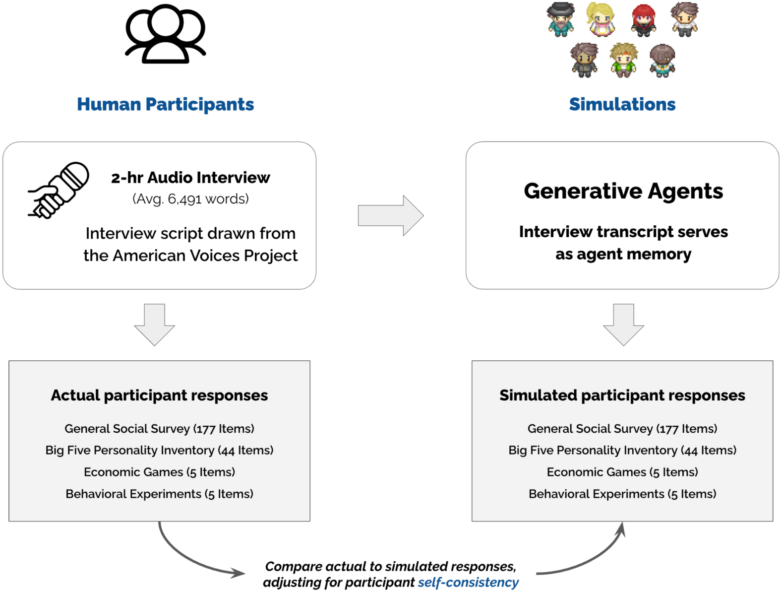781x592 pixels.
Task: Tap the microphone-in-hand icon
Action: (x=59, y=190)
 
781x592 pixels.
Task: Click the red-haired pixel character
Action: (x=643, y=20)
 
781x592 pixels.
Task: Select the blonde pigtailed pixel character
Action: (x=601, y=19)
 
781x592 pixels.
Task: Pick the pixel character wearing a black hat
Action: (x=561, y=19)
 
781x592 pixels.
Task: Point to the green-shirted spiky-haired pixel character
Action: (x=623, y=60)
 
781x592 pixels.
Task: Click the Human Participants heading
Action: (x=165, y=104)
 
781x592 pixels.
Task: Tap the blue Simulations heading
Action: (x=622, y=104)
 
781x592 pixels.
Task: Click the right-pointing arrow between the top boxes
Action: (x=391, y=215)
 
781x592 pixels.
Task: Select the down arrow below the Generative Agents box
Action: (x=623, y=325)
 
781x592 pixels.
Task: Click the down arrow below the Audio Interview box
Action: (x=155, y=325)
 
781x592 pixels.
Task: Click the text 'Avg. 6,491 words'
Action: (x=190, y=199)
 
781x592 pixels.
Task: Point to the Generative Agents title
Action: (x=623, y=191)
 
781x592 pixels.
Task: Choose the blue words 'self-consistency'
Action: (x=468, y=582)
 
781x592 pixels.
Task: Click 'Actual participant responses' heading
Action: (x=159, y=395)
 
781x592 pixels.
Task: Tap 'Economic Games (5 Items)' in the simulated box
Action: (x=622, y=472)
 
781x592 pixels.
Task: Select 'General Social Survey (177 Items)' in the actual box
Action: (x=159, y=428)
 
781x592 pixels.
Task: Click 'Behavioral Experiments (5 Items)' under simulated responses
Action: (x=622, y=494)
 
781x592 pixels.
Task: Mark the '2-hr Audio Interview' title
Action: (x=190, y=177)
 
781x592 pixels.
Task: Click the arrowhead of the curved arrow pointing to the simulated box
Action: (x=621, y=529)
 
